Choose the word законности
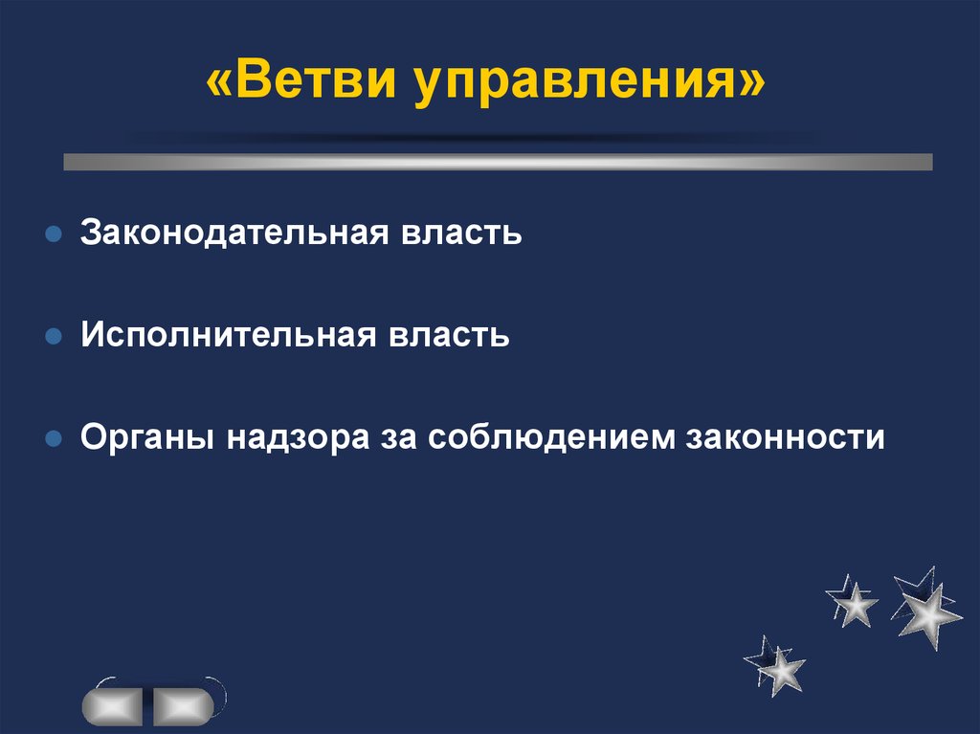tap(786, 438)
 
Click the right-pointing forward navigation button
tap(183, 706)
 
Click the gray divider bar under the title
tap(498, 162)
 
